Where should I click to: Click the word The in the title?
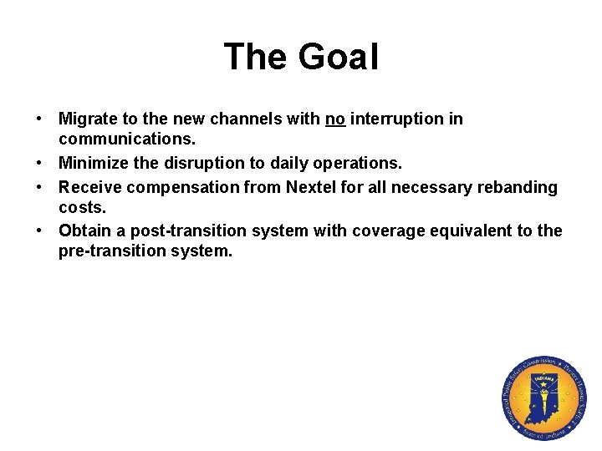pyautogui.click(x=252, y=57)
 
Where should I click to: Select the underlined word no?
pyautogui.click(x=335, y=119)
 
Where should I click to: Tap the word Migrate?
pyautogui.click(x=89, y=119)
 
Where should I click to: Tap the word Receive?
pyautogui.click(x=89, y=187)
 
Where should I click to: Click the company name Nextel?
pyautogui.click(x=314, y=187)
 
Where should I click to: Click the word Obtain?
pyautogui.click(x=84, y=231)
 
